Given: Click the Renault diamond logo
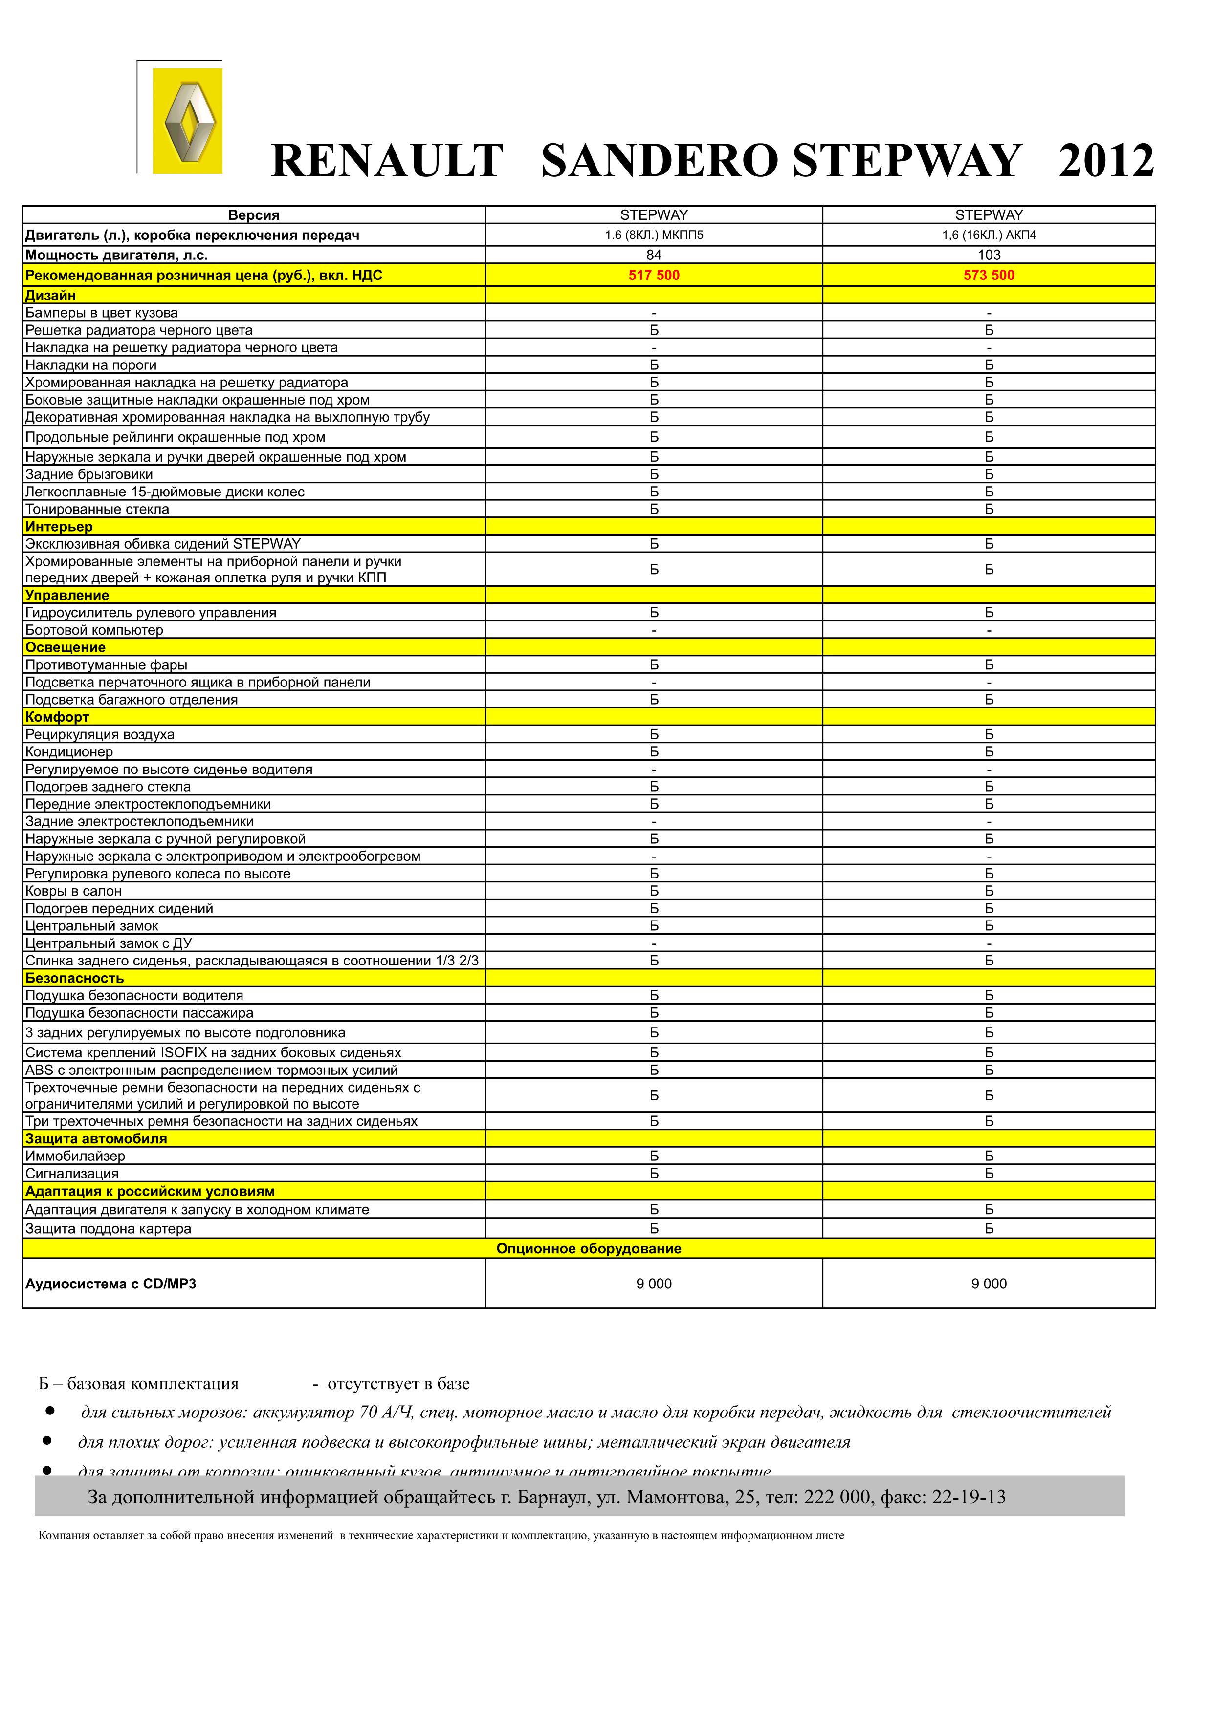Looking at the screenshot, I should point(188,122).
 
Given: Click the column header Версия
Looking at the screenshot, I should point(254,216).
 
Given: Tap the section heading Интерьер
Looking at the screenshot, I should point(59,527).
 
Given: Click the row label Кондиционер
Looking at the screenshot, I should point(69,752).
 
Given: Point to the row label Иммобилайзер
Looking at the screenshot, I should point(75,1157).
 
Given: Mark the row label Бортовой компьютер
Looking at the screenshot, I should point(94,630).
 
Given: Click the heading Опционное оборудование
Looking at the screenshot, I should point(589,1249).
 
